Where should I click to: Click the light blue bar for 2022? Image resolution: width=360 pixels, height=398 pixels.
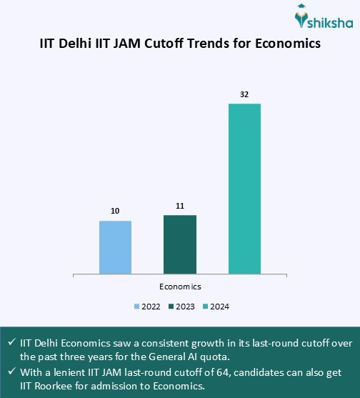click(115, 247)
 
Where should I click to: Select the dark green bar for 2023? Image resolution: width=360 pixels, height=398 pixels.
click(180, 244)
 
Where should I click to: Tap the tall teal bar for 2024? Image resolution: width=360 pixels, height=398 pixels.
click(244, 189)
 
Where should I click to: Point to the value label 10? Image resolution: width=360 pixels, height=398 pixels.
click(115, 212)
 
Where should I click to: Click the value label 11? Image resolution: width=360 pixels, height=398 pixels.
click(180, 207)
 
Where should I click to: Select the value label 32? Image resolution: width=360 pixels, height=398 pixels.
click(244, 94)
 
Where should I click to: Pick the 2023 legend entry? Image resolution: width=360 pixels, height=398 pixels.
click(181, 307)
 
